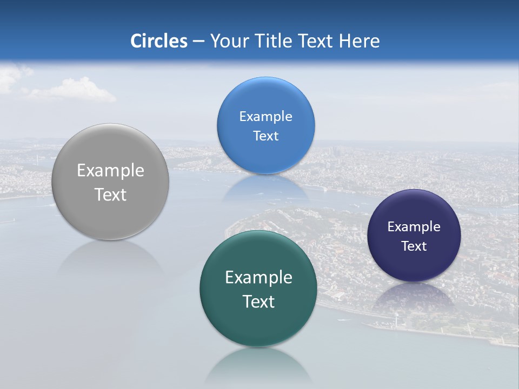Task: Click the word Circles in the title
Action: [159, 41]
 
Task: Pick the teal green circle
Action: [258, 324]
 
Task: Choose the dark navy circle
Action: [414, 265]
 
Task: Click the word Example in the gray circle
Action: [110, 171]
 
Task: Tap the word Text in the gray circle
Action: [110, 195]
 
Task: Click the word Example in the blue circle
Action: [265, 117]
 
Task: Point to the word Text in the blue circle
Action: [265, 136]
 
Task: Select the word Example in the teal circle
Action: [258, 278]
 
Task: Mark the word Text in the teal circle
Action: [258, 301]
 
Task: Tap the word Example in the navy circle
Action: [414, 227]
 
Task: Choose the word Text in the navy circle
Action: [414, 246]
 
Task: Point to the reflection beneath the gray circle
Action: [110, 259]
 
